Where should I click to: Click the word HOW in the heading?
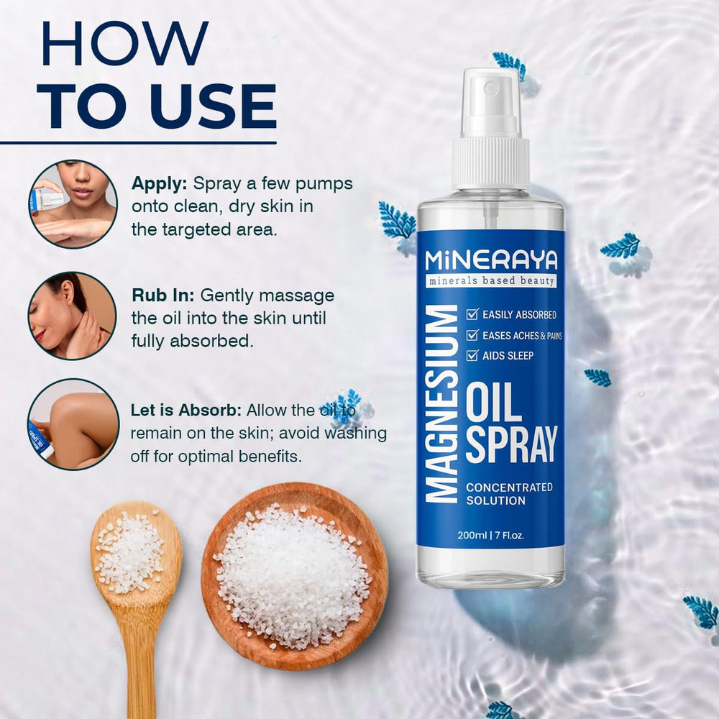(124, 45)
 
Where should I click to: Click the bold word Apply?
(159, 183)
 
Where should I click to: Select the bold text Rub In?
(163, 296)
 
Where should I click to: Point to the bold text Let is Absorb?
(186, 411)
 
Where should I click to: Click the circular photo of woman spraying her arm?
(72, 203)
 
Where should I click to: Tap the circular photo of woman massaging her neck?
(72, 315)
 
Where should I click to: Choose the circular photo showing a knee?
(72, 424)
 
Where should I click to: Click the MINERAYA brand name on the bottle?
(490, 260)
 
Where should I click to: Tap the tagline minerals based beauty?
(490, 280)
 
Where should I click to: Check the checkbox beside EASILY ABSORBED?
(472, 314)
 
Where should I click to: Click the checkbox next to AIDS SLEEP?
(472, 355)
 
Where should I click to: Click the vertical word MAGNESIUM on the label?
(442, 403)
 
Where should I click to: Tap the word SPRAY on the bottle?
(511, 444)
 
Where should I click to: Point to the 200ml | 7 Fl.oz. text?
(491, 535)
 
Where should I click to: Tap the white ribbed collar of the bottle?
(490, 164)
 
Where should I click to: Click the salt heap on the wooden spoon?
(130, 550)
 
